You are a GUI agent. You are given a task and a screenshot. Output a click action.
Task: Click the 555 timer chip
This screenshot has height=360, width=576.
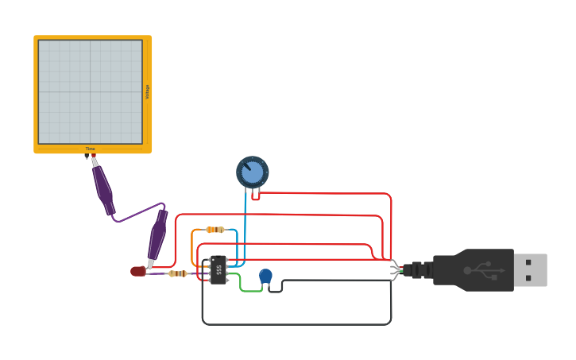[x=218, y=270]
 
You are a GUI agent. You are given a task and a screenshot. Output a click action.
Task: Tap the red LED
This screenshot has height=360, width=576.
[x=138, y=271]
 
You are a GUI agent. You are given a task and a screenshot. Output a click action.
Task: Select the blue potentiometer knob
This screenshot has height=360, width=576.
[x=253, y=172]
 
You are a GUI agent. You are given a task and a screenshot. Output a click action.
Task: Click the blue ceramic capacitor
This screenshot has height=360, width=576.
[x=265, y=276]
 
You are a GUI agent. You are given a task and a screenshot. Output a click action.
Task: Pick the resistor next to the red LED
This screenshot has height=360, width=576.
[x=177, y=273]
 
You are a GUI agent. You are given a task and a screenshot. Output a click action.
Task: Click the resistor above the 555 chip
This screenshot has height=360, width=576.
[x=215, y=230]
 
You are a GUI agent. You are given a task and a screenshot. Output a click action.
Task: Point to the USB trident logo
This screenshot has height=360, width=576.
[x=483, y=270]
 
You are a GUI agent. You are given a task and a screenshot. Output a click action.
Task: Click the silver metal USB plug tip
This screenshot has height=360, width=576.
[x=530, y=270]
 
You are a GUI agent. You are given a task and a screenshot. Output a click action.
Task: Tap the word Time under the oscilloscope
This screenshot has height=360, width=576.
[x=91, y=149]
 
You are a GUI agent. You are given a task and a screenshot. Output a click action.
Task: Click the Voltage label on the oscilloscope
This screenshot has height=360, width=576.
[x=147, y=92]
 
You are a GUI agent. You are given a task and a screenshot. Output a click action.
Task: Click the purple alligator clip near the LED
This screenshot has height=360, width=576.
[x=157, y=234]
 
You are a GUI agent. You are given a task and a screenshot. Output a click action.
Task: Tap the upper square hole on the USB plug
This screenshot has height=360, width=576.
[x=528, y=262]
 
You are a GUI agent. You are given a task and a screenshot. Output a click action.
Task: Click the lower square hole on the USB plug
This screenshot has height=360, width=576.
[x=528, y=278]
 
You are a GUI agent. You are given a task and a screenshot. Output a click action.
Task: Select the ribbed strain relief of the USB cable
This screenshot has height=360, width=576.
[x=419, y=270]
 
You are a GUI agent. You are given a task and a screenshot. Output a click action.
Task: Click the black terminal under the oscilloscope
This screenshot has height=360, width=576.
[x=87, y=157]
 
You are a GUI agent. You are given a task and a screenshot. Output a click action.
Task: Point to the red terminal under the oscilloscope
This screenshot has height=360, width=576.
[x=93, y=156]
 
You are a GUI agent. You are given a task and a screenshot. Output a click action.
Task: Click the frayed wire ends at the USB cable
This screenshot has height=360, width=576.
[x=396, y=270]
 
